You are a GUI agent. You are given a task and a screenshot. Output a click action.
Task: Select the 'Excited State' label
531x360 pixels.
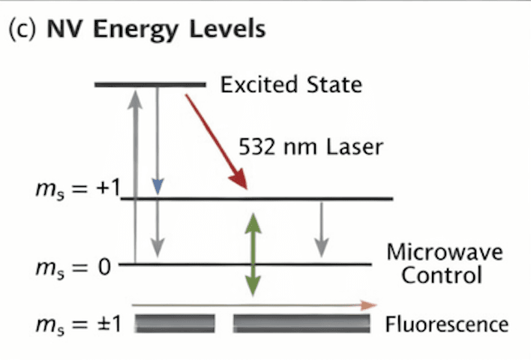pyautogui.click(x=291, y=84)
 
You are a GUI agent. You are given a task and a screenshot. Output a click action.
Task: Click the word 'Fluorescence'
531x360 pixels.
pyautogui.click(x=446, y=325)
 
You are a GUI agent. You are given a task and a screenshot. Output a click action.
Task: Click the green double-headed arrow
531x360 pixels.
pyautogui.click(x=253, y=253)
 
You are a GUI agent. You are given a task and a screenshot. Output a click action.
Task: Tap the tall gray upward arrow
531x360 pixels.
pyautogui.click(x=135, y=172)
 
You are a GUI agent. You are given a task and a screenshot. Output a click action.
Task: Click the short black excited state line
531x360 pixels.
pyautogui.click(x=150, y=85)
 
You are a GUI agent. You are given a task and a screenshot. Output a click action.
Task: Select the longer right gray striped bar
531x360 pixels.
pyautogui.click(x=301, y=323)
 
